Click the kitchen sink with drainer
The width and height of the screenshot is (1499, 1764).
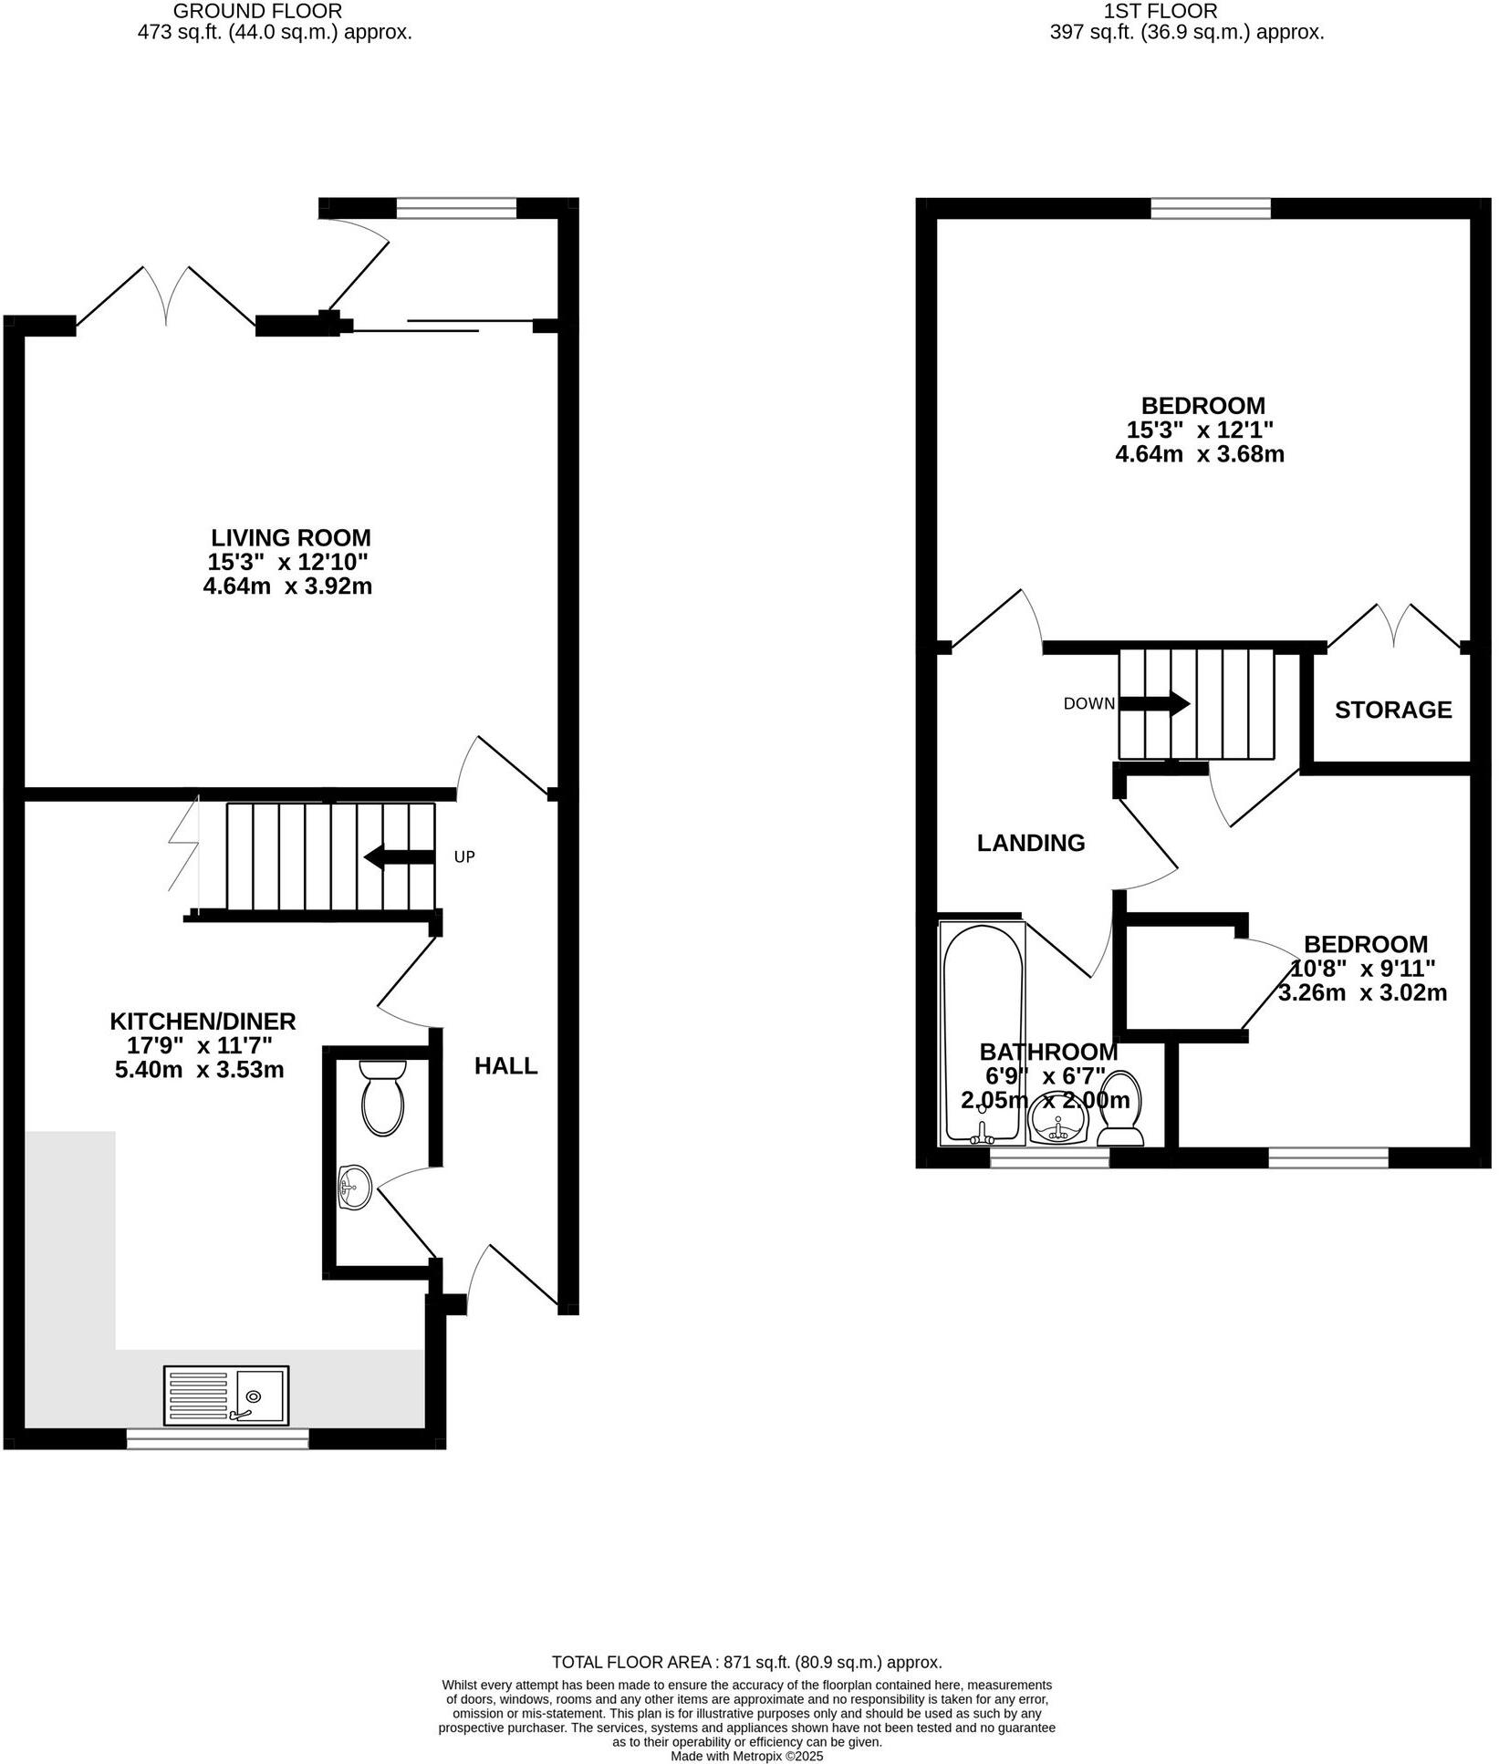click(226, 1395)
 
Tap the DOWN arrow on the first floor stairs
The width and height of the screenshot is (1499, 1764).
click(1154, 703)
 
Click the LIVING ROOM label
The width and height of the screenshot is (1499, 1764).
click(291, 537)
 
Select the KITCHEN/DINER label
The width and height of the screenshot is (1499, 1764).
click(203, 1021)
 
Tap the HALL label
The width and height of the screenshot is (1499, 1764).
click(505, 1065)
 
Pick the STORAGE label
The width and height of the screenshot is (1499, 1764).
click(1393, 710)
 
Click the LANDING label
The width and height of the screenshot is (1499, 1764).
click(1031, 843)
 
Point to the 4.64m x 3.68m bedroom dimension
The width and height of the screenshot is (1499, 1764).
click(1200, 454)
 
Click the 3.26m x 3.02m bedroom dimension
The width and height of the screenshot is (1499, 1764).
click(1362, 993)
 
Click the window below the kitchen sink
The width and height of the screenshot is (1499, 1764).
click(217, 1438)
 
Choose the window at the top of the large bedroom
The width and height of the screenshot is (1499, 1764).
click(1211, 209)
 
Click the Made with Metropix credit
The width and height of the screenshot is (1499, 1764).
click(746, 1756)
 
